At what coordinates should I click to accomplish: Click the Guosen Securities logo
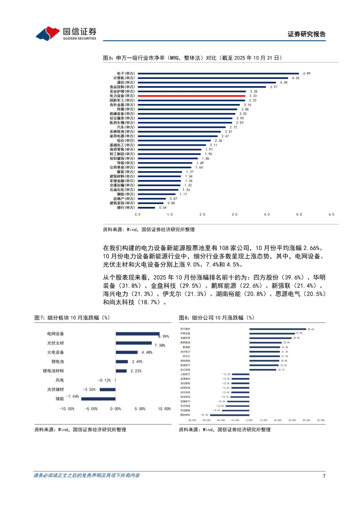pyautogui.click(x=66, y=34)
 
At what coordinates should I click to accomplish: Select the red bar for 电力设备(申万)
pyautogui.click(x=191, y=96)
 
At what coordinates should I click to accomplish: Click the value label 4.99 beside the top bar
pyautogui.click(x=306, y=74)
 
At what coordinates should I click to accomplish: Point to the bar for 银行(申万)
pyautogui.click(x=146, y=208)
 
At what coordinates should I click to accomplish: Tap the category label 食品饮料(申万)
pyautogui.click(x=122, y=87)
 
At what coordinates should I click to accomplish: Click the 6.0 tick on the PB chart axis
pyautogui.click(x=331, y=215)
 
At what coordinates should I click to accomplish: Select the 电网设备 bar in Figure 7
pyautogui.click(x=138, y=334)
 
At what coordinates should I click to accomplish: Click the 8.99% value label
pyautogui.click(x=164, y=337)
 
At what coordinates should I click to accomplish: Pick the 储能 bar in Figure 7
pyautogui.click(x=98, y=399)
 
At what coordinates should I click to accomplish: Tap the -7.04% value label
pyautogui.click(x=73, y=396)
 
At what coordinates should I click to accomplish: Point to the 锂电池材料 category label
pyautogui.click(x=53, y=371)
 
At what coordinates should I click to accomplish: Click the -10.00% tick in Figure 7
pyautogui.click(x=67, y=409)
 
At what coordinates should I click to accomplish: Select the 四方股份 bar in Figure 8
pyautogui.click(x=277, y=329)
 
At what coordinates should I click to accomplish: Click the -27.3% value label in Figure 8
pyautogui.click(x=204, y=415)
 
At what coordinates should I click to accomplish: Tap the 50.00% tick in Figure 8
pyautogui.click(x=321, y=420)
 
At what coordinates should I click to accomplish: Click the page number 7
pyautogui.click(x=324, y=476)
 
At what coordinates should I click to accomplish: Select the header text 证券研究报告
pyautogui.click(x=306, y=34)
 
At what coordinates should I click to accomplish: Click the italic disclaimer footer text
pyautogui.click(x=87, y=476)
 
